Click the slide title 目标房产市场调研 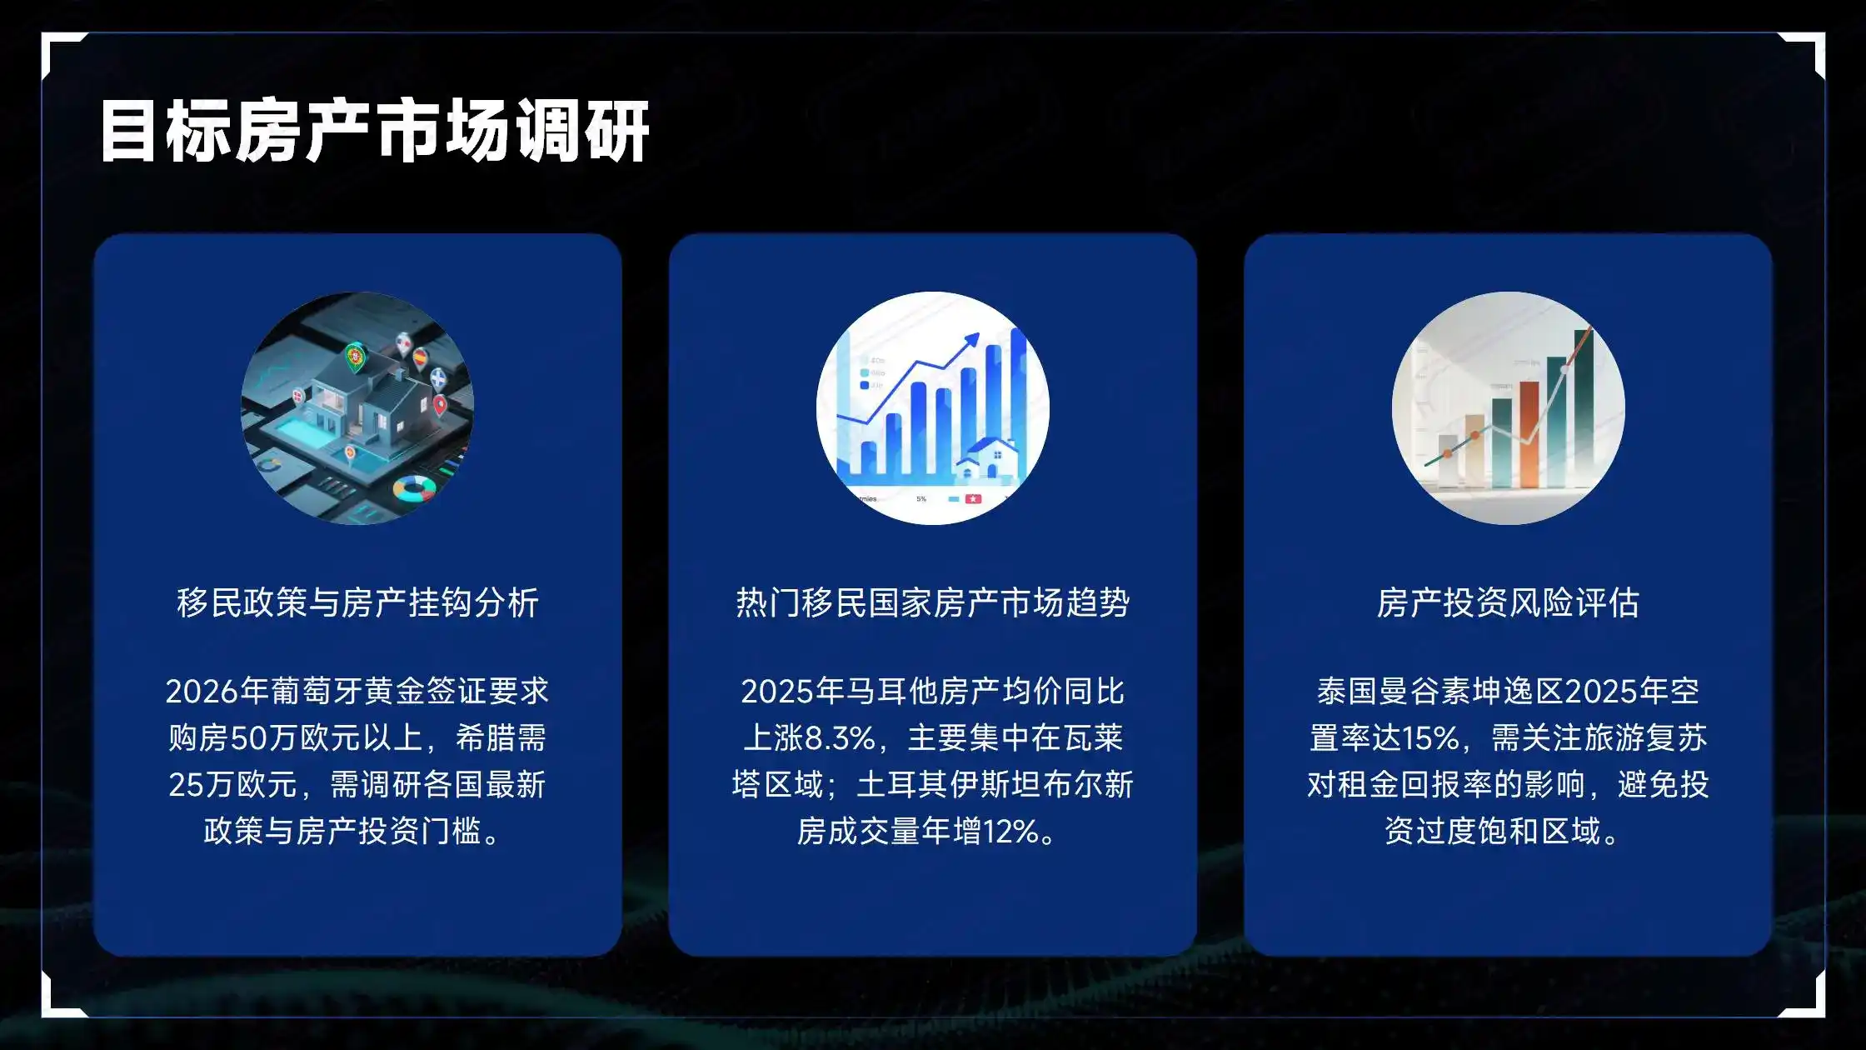pyautogui.click(x=374, y=131)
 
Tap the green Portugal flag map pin pyautogui.click(x=356, y=357)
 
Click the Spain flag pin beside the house pyautogui.click(x=421, y=358)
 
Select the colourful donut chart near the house pyautogui.click(x=414, y=487)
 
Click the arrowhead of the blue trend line pyautogui.click(x=971, y=340)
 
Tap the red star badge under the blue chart pyautogui.click(x=972, y=498)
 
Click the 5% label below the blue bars pyautogui.click(x=921, y=498)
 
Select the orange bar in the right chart pyautogui.click(x=1529, y=433)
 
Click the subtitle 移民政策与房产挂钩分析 pyautogui.click(x=357, y=602)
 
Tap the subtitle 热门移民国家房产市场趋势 pyautogui.click(x=932, y=602)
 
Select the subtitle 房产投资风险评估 pyautogui.click(x=1508, y=602)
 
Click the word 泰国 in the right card pyautogui.click(x=1347, y=691)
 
